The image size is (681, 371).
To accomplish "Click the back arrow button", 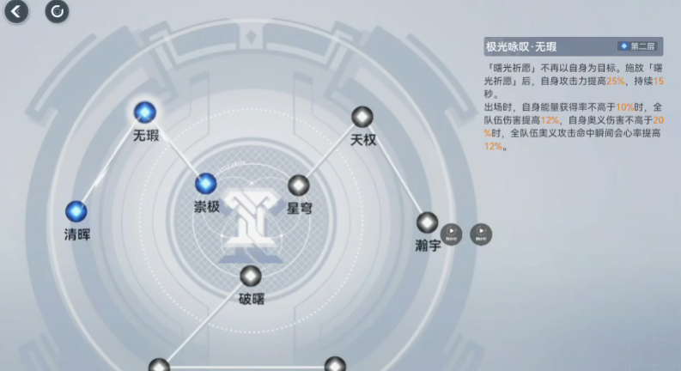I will tap(16, 11).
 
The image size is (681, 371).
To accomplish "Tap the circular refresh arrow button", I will tap(57, 11).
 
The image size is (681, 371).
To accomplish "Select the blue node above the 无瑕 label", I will tap(144, 112).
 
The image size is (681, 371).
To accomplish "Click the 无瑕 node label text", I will tap(146, 136).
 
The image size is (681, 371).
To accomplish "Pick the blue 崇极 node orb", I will tap(205, 183).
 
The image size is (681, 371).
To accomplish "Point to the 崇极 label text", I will tap(206, 207).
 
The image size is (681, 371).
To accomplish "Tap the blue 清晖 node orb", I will tap(76, 210).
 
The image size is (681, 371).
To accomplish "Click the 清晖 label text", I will tap(76, 234).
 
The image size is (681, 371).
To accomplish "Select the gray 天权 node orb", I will tap(362, 117).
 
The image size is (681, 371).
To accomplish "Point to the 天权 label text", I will tap(363, 140).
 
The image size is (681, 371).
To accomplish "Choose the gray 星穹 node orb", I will tap(298, 185).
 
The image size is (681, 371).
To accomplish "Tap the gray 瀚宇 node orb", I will tap(427, 222).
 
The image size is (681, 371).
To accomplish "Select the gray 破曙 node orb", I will tap(250, 276).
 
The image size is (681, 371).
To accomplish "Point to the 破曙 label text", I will tap(251, 300).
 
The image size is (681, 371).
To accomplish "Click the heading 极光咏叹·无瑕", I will tap(521, 46).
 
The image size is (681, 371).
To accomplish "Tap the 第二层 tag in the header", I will tap(638, 46).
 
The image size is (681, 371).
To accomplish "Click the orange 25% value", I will tap(615, 80).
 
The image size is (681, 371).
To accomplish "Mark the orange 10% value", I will tap(623, 106).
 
